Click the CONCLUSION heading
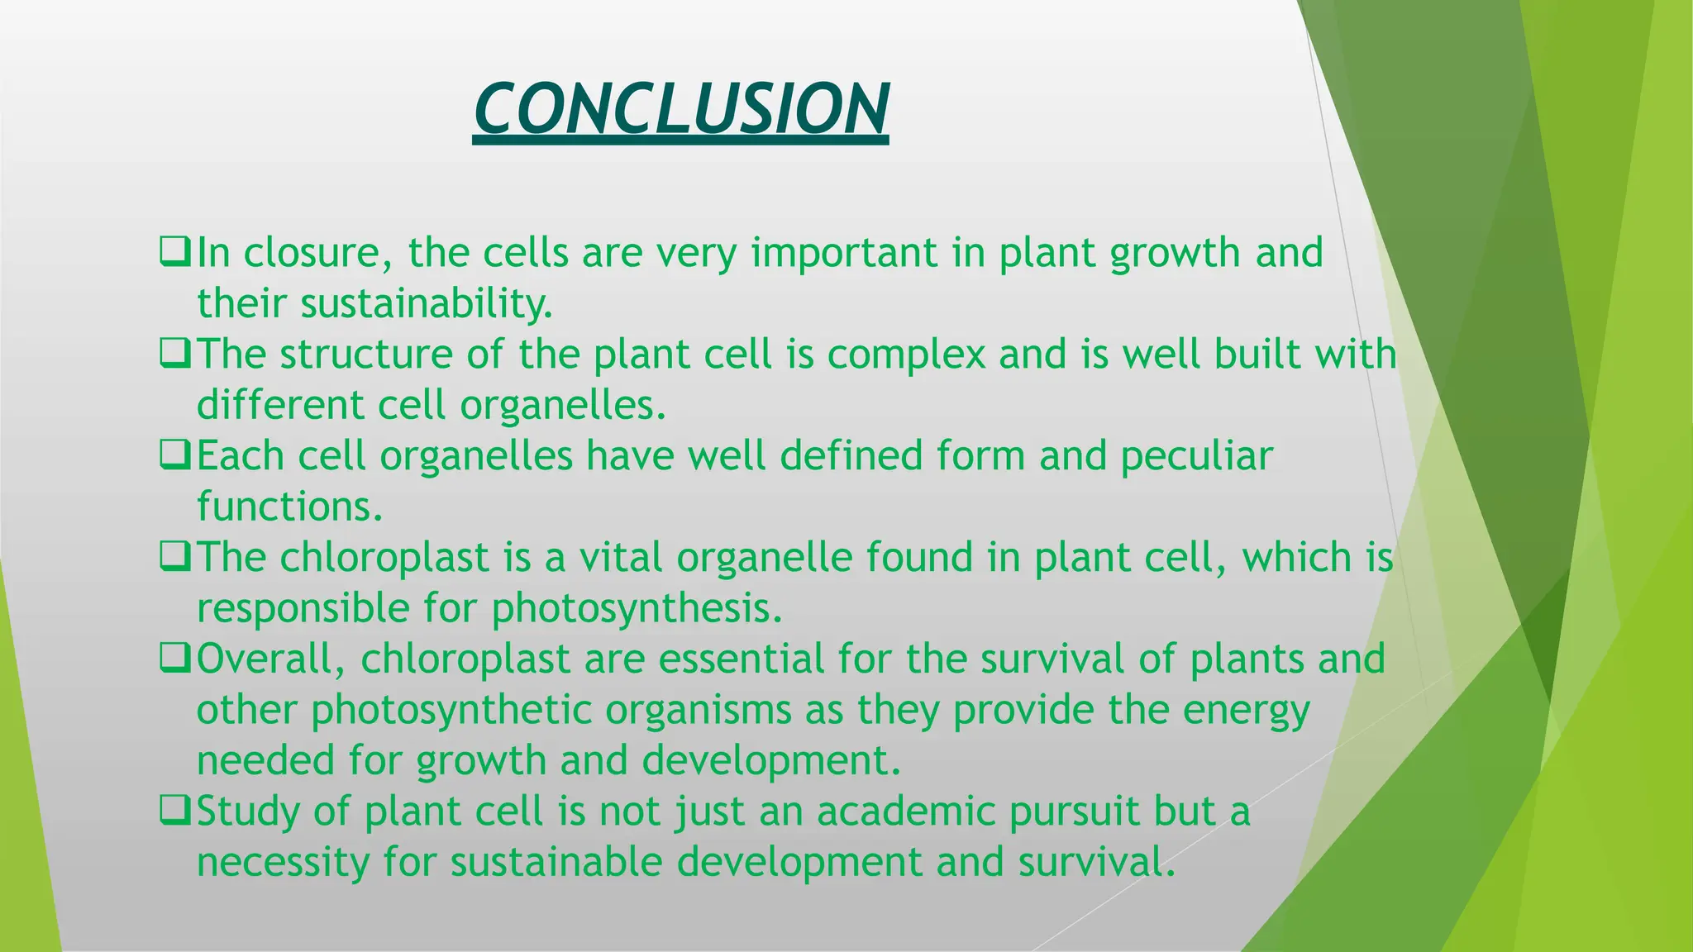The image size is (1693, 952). click(x=680, y=109)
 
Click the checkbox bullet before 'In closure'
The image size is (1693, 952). click(x=175, y=251)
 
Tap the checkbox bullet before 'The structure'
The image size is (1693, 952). click(x=175, y=354)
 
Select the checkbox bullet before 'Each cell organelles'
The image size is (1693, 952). click(x=175, y=455)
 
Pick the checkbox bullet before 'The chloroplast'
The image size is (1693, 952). click(x=175, y=557)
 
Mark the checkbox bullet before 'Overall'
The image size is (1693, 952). click(x=175, y=659)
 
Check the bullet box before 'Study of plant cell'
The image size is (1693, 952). click(x=175, y=811)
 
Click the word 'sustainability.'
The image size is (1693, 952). click(x=427, y=304)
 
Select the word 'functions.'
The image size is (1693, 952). click(x=290, y=507)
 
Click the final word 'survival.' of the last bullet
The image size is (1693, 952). click(x=1096, y=862)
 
